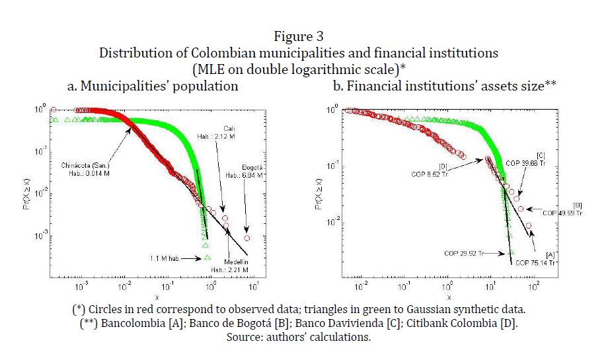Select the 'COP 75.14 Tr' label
pos(536,262)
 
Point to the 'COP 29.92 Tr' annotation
pos(465,253)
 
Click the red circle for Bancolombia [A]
pos(529,226)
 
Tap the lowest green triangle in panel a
pos(208,257)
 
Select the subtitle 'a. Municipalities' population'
pos(153,86)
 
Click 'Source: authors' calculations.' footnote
pos(299,337)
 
